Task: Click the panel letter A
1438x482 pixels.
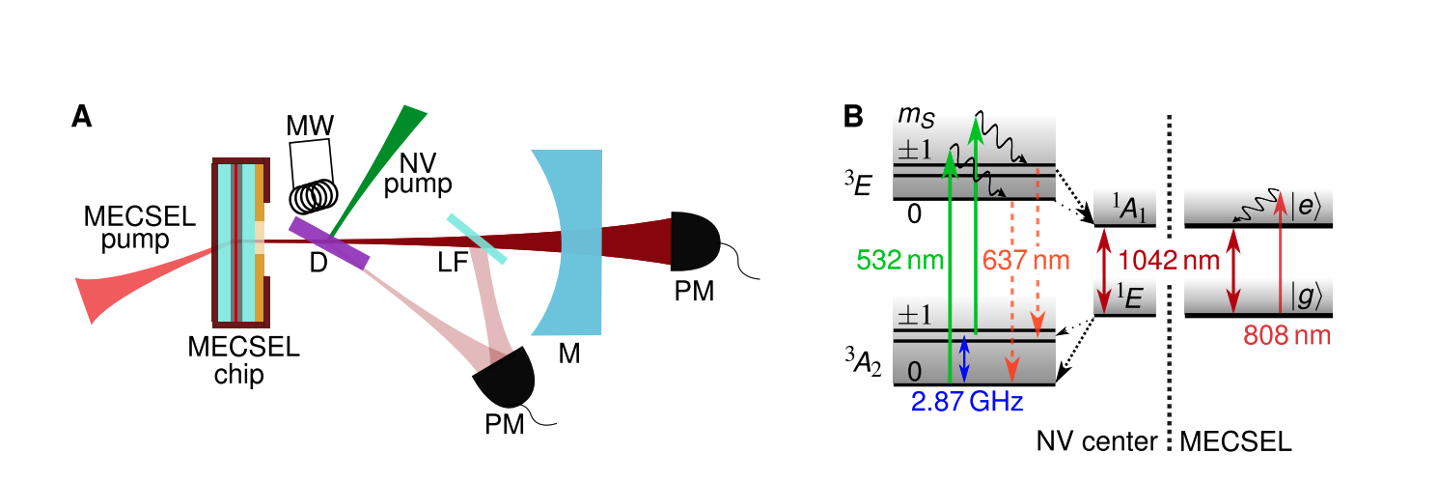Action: pyautogui.click(x=83, y=118)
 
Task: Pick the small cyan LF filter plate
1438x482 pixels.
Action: pyautogui.click(x=476, y=239)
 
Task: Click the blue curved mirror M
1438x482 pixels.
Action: pyautogui.click(x=570, y=242)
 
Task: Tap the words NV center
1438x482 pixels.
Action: pyautogui.click(x=1096, y=442)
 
